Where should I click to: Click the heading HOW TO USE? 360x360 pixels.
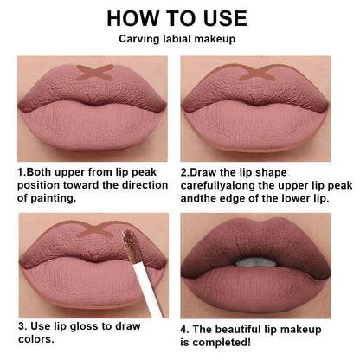click(179, 18)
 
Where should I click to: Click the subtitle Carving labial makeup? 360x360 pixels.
click(179, 39)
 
